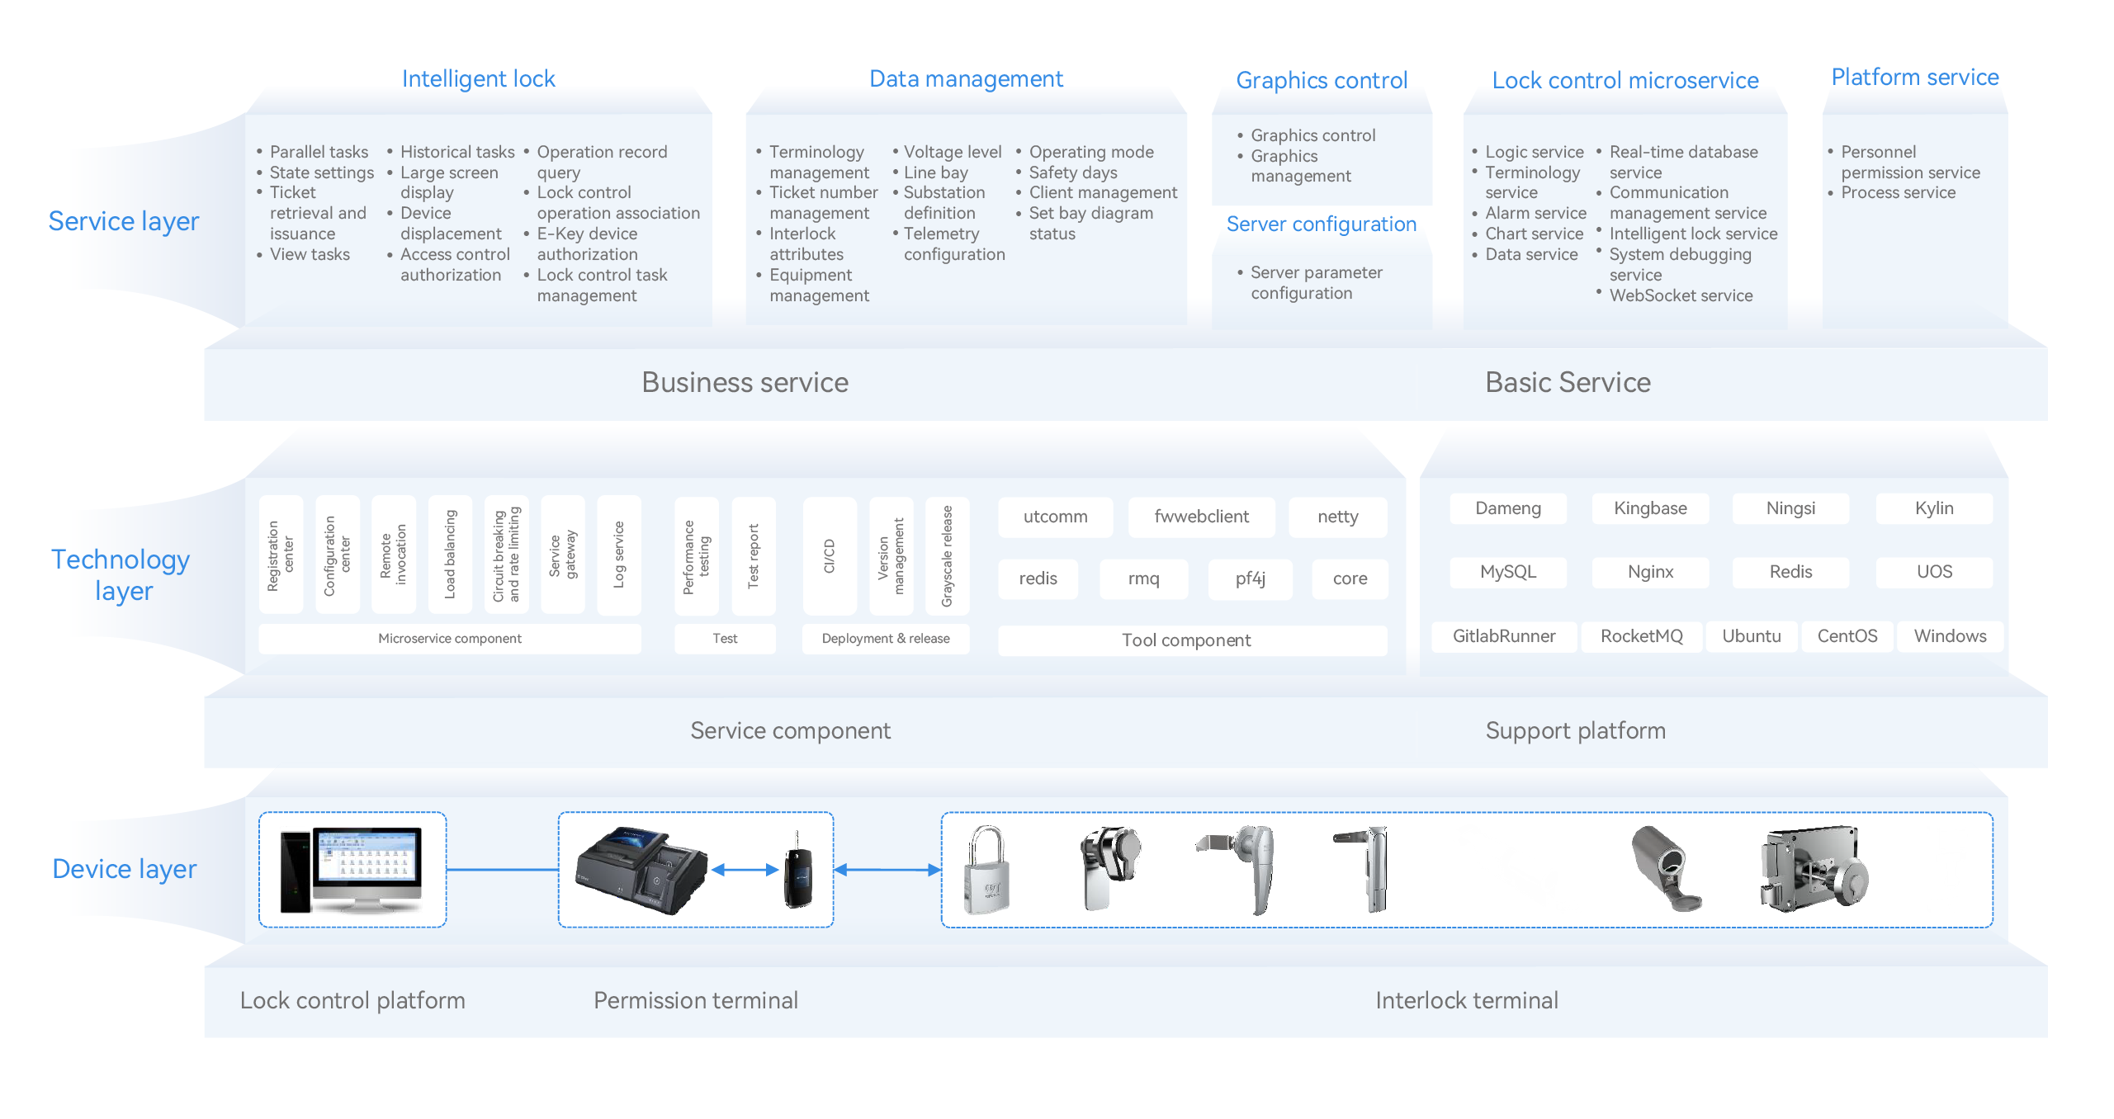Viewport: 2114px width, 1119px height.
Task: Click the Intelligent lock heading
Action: tap(478, 79)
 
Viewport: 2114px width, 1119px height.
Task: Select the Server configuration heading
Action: tap(1321, 224)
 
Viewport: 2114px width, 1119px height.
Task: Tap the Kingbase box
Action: tap(1649, 508)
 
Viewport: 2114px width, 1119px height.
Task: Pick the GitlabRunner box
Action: tap(1503, 636)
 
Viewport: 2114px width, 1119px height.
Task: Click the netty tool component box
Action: tap(1337, 517)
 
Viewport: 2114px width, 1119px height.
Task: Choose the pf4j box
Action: tap(1250, 578)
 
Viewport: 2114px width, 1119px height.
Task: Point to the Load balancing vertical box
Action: tap(450, 554)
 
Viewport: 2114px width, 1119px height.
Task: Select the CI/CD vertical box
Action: tap(829, 555)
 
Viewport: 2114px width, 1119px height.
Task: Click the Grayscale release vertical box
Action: tap(947, 555)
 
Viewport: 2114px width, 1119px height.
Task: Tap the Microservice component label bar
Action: tap(449, 639)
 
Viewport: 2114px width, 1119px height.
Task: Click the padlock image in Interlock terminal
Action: tap(986, 870)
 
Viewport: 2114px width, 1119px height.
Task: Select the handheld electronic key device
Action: tap(797, 871)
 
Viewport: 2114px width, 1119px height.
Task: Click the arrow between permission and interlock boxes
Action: tap(887, 870)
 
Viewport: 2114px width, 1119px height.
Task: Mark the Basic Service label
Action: tap(1567, 383)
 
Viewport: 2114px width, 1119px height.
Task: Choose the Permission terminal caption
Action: tap(695, 1001)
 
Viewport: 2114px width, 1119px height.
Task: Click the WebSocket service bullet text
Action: tap(1681, 295)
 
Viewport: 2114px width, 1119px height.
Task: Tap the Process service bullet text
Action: tap(1898, 193)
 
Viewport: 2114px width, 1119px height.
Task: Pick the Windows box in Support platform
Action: tap(1949, 636)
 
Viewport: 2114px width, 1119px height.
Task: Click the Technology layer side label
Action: tap(121, 575)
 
